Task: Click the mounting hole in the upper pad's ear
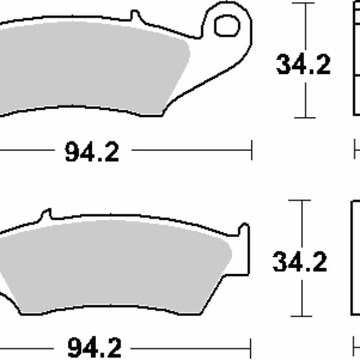pos(226,26)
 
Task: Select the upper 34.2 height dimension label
pos(303,65)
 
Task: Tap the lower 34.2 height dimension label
pos(299,262)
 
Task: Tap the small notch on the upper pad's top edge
pos(134,14)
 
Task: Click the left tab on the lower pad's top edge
pos(46,215)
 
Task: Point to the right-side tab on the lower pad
pos(244,231)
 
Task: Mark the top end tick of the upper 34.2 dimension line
pos(305,3)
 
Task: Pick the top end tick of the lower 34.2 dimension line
pos(302,201)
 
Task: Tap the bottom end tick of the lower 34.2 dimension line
pos(302,316)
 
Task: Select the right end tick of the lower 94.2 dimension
pos(252,347)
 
